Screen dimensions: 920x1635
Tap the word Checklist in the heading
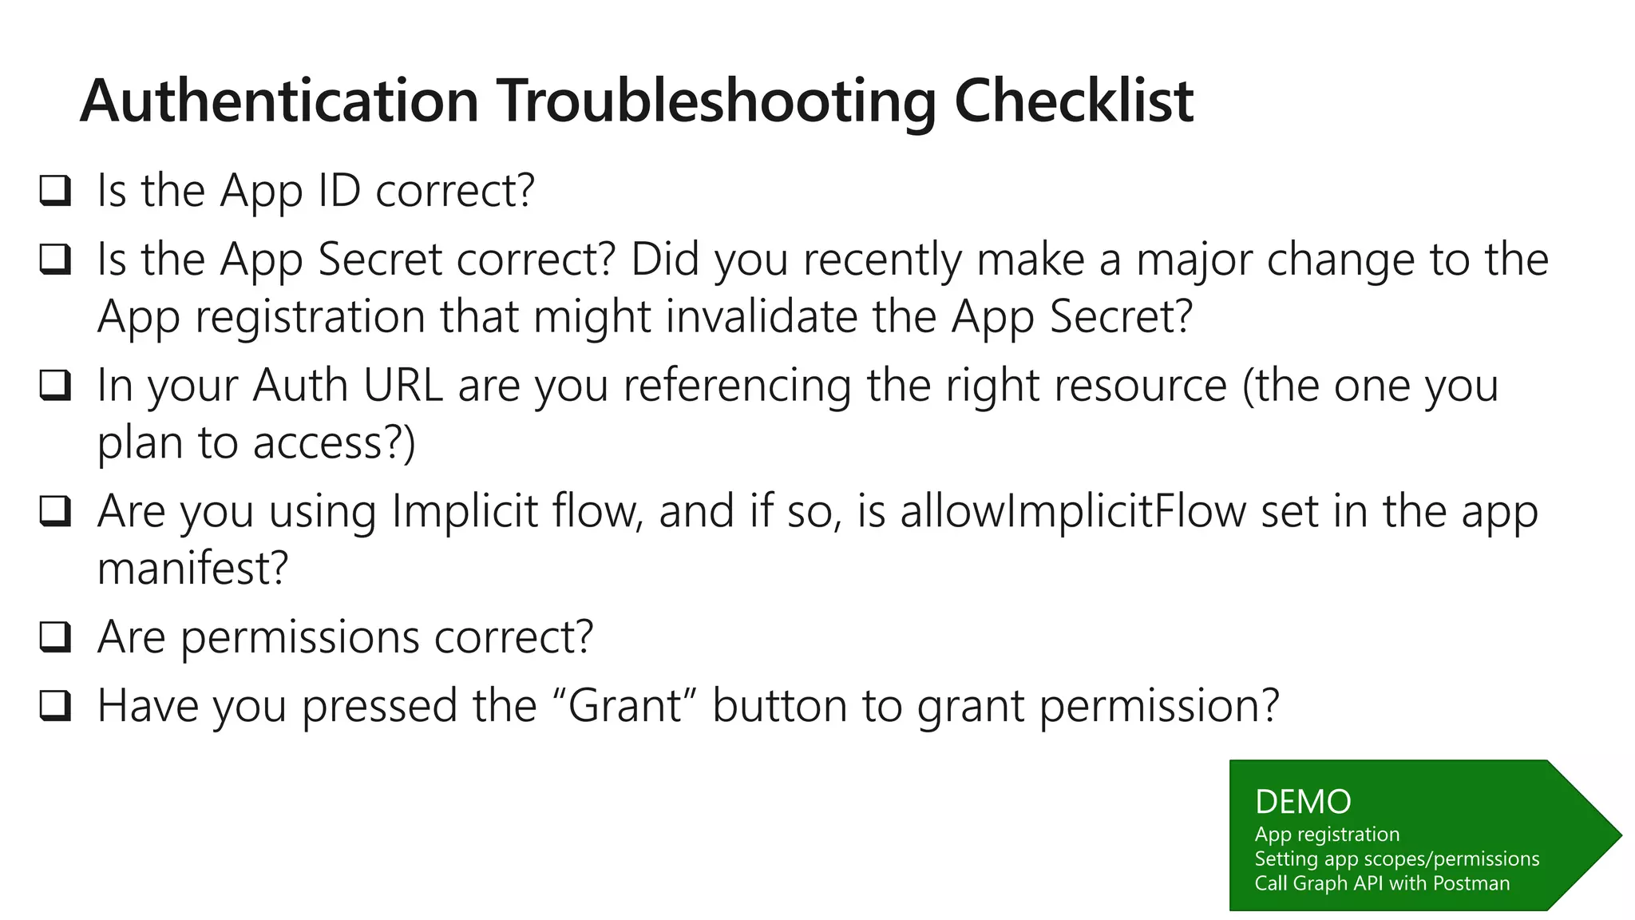pos(1073,102)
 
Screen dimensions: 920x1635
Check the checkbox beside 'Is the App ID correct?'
pos(55,191)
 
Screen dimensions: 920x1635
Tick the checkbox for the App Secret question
pos(55,260)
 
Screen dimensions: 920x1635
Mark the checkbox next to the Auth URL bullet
pos(55,386)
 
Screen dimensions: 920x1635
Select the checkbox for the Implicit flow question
pos(55,511)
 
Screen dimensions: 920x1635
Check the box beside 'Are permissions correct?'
pos(55,637)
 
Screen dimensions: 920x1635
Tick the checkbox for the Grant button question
pos(55,706)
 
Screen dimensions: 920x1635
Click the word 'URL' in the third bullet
pos(402,386)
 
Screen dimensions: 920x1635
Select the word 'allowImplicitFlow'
pos(1073,511)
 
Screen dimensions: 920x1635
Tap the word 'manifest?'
pos(192,569)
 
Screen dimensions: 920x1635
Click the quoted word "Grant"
pos(625,706)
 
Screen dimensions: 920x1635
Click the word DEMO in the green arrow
pos(1303,802)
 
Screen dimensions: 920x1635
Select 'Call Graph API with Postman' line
pos(1381,883)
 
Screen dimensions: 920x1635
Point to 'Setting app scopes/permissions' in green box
pos(1396,859)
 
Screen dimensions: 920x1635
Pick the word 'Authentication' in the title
pos(279,102)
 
